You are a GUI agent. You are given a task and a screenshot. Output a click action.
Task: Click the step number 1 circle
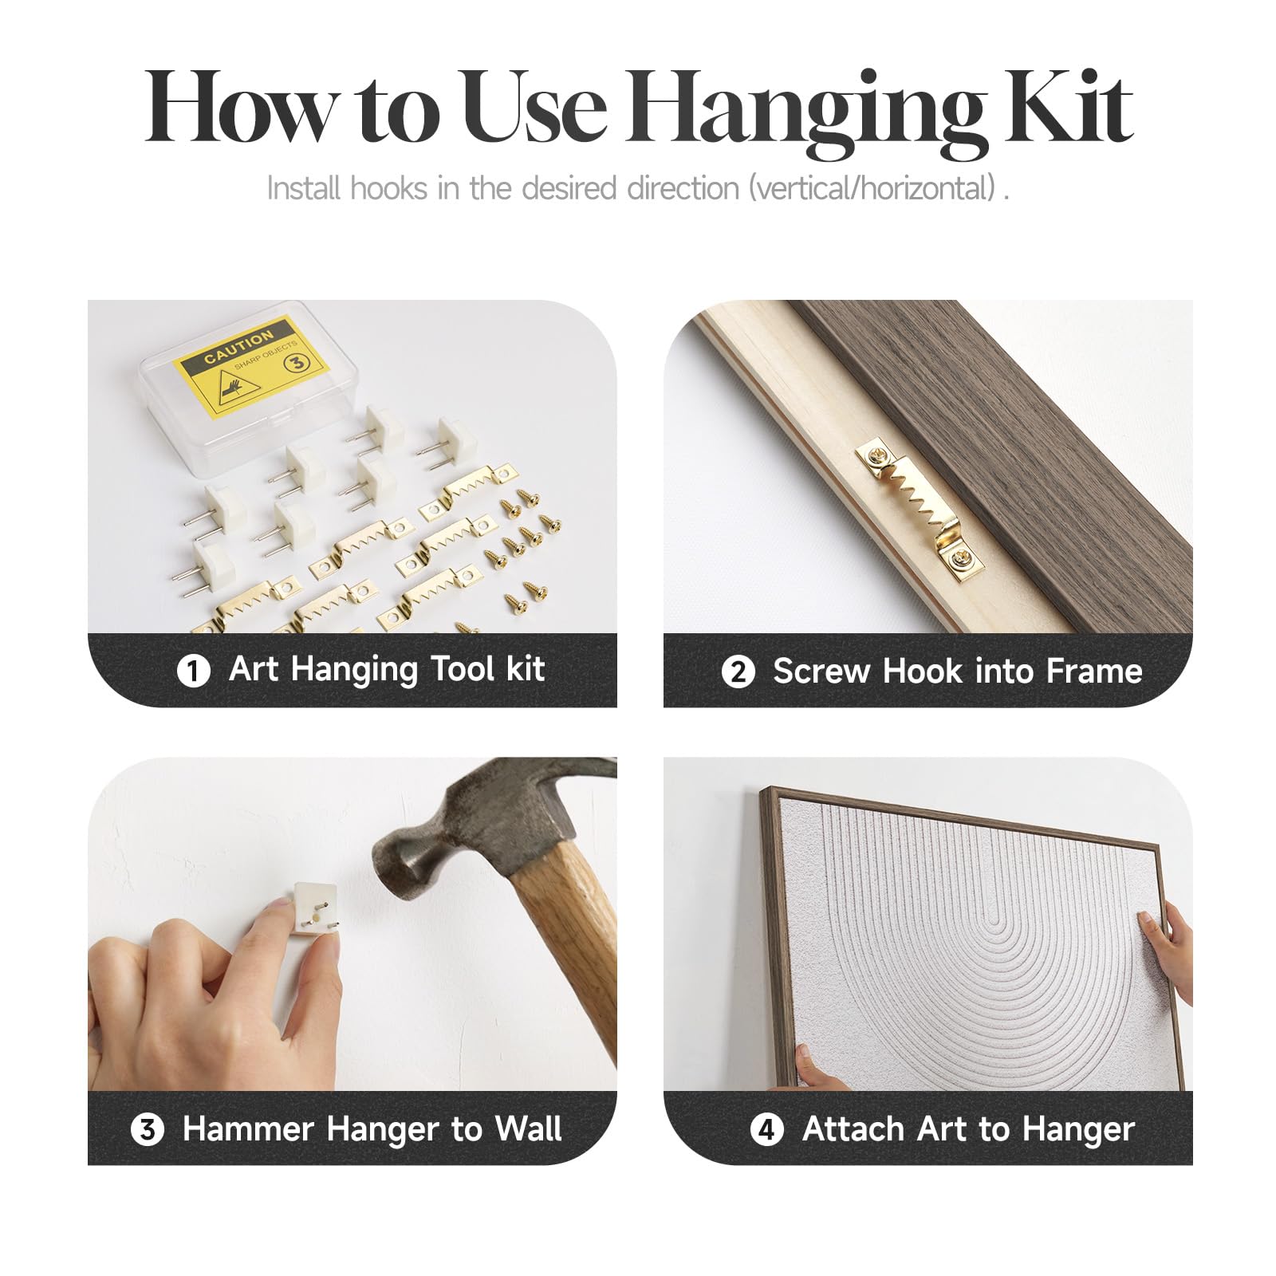pyautogui.click(x=193, y=671)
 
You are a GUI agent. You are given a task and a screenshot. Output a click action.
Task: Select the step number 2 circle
pyautogui.click(x=738, y=671)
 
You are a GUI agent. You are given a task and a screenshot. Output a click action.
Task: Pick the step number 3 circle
pyautogui.click(x=148, y=1129)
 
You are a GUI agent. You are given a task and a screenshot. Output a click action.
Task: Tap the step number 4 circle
pyautogui.click(x=767, y=1129)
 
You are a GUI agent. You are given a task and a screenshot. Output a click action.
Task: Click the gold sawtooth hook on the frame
pyautogui.click(x=920, y=506)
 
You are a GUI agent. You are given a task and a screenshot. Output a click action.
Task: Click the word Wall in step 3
pyautogui.click(x=528, y=1129)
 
